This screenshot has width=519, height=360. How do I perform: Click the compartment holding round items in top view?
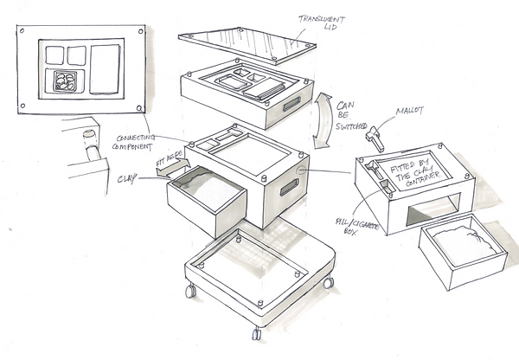pyautogui.click(x=66, y=82)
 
